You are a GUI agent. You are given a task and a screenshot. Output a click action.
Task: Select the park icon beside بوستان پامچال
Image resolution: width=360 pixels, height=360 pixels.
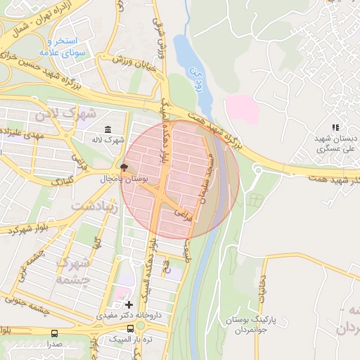tap(124, 168)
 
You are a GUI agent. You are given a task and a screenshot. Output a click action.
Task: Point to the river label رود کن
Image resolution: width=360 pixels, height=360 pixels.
tap(194, 71)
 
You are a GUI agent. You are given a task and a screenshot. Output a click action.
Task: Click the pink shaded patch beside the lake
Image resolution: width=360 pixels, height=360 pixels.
tap(242, 109)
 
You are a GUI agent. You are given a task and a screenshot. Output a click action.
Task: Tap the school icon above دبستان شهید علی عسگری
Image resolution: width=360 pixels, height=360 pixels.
tap(335, 127)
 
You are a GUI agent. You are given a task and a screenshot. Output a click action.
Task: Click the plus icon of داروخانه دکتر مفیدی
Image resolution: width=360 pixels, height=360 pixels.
tap(128, 304)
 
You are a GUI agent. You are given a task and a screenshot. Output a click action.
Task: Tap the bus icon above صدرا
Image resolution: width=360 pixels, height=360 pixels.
tap(55, 333)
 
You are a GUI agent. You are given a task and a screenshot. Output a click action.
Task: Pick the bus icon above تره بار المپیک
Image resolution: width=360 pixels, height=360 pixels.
tap(131, 328)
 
